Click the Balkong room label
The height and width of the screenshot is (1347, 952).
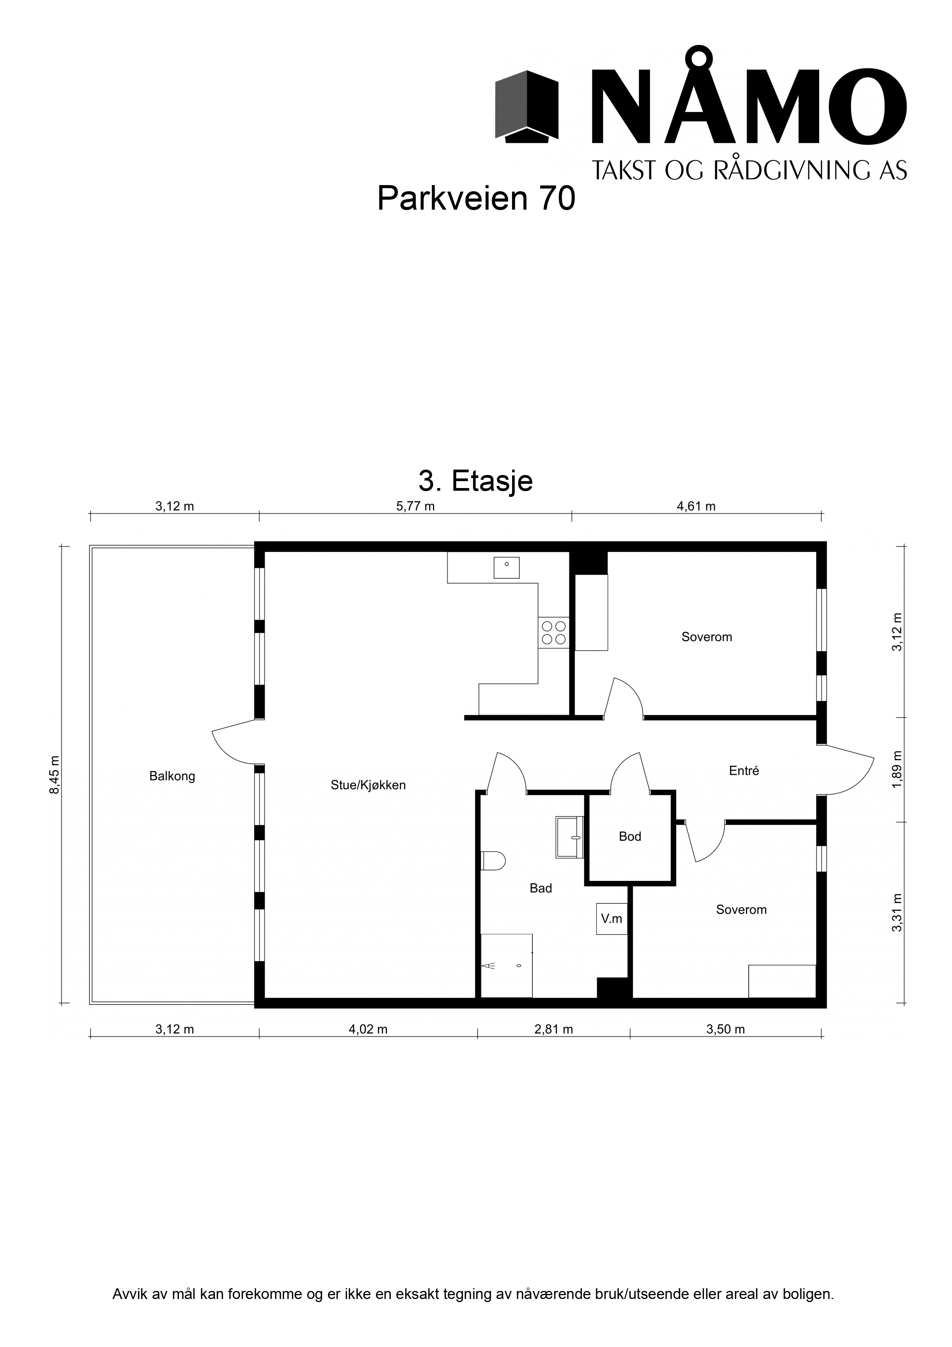tap(172, 776)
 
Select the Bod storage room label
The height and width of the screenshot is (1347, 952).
tap(630, 837)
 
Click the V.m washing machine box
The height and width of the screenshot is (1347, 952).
tap(612, 919)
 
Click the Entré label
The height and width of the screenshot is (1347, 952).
tap(744, 771)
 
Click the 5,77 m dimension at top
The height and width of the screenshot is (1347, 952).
tap(415, 506)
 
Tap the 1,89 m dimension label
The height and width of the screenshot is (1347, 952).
tap(896, 769)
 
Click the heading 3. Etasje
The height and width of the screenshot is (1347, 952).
tap(476, 481)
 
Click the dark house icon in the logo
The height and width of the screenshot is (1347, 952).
tap(526, 106)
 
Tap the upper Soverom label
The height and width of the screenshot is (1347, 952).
tap(706, 637)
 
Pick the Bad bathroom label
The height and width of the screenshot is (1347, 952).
tap(541, 888)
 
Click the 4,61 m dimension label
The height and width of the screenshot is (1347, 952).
tap(696, 506)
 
